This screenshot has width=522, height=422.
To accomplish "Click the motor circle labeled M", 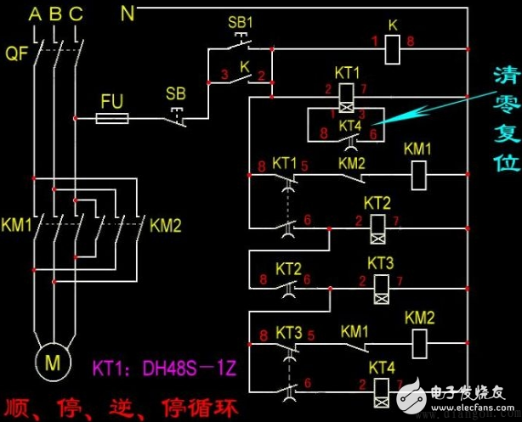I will tap(53, 363).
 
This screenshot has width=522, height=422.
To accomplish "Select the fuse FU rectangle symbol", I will tap(112, 120).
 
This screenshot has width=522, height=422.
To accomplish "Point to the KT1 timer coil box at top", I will tap(348, 94).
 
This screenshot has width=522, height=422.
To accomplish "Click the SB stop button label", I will tap(175, 92).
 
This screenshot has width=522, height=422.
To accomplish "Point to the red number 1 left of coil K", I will tap(372, 41).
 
